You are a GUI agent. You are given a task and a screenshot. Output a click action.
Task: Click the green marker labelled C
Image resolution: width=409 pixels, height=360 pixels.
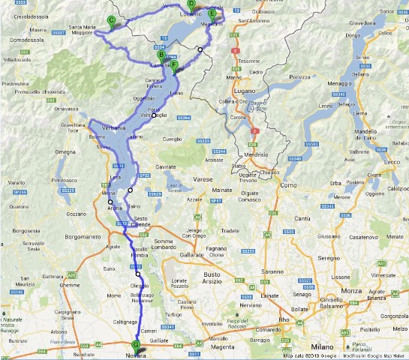click(111, 22)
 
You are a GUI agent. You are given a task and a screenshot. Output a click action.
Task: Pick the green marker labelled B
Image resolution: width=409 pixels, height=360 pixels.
click(161, 54)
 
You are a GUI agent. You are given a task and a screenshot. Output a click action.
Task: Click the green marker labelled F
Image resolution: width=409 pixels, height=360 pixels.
click(174, 65)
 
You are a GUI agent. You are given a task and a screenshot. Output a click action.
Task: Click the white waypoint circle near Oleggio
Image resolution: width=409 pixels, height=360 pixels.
click(138, 274)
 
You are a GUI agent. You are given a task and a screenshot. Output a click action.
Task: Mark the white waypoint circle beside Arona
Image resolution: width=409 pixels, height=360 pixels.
click(110, 202)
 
